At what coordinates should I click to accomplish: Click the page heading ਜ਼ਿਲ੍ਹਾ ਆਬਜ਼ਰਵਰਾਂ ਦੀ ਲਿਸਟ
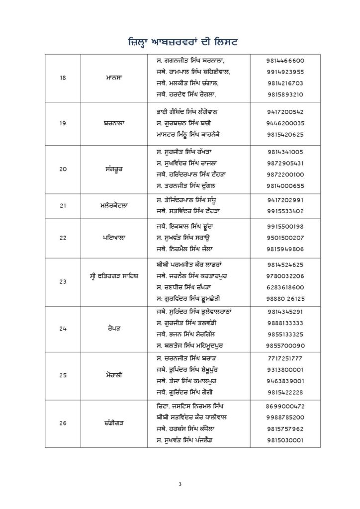click(180, 39)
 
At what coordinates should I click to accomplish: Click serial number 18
click(63, 78)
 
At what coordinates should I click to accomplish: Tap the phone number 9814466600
click(285, 60)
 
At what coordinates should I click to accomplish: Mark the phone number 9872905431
click(285, 163)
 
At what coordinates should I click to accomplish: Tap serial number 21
click(63, 205)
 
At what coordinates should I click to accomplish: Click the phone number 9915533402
click(285, 211)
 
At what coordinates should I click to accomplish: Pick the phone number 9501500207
click(285, 237)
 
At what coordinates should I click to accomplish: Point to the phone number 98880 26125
click(285, 299)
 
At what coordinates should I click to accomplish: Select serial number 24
click(63, 329)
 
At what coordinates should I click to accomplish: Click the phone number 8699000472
click(285, 406)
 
